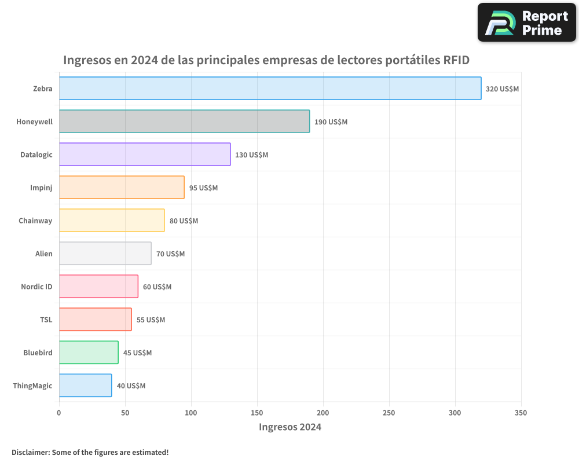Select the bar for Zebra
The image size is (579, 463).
[270, 89]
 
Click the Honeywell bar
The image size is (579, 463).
[184, 122]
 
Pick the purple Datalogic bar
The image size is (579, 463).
[145, 155]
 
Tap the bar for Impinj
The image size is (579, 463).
[122, 188]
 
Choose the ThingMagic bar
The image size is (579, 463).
[85, 385]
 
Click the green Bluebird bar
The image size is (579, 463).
[89, 352]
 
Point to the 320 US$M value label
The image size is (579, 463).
[502, 89]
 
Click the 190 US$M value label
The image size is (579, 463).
[331, 122]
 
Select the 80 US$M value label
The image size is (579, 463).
[184, 221]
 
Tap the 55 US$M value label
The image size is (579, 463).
[151, 320]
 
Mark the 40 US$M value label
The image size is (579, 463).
[131, 386]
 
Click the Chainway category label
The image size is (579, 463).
[35, 221]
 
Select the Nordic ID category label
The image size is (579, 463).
[36, 286]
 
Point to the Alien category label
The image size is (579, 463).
[43, 253]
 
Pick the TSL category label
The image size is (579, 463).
[46, 319]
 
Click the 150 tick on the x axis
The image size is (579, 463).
[257, 413]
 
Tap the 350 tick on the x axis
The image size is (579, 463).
[521, 413]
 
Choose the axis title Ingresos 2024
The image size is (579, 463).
[289, 427]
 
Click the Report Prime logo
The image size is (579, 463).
[526, 23]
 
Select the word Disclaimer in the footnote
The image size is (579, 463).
[30, 452]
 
